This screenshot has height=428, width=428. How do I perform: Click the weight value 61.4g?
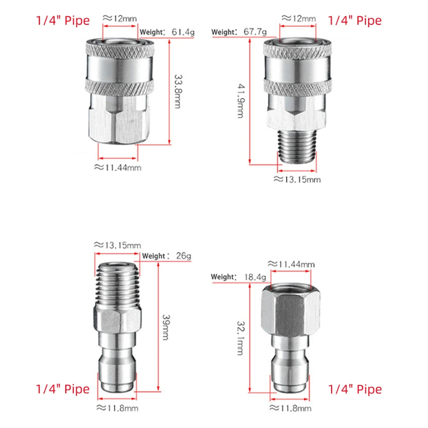[183, 32]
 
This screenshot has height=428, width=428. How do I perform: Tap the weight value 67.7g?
[255, 31]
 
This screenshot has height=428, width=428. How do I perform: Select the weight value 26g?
[184, 256]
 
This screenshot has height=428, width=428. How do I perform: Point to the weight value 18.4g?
[255, 277]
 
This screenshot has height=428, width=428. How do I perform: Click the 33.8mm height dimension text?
[178, 92]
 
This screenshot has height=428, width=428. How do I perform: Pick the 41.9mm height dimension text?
[241, 101]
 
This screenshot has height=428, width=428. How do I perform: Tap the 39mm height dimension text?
[166, 327]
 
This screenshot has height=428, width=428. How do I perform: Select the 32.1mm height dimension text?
[240, 338]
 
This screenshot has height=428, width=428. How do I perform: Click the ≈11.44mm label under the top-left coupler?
[117, 167]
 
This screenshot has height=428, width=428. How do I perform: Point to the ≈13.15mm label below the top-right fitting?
[297, 179]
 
